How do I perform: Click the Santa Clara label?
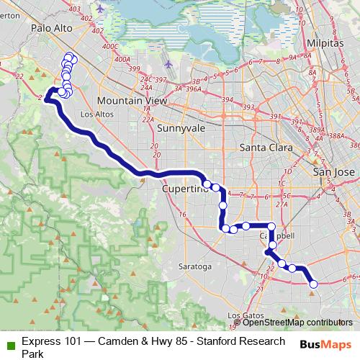click(x=264, y=148)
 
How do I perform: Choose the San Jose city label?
click(x=334, y=173)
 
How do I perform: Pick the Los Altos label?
click(x=96, y=114)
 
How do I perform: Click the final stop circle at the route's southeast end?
click(x=313, y=285)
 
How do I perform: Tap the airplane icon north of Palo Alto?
click(x=99, y=8)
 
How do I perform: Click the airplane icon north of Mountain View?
click(x=168, y=63)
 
